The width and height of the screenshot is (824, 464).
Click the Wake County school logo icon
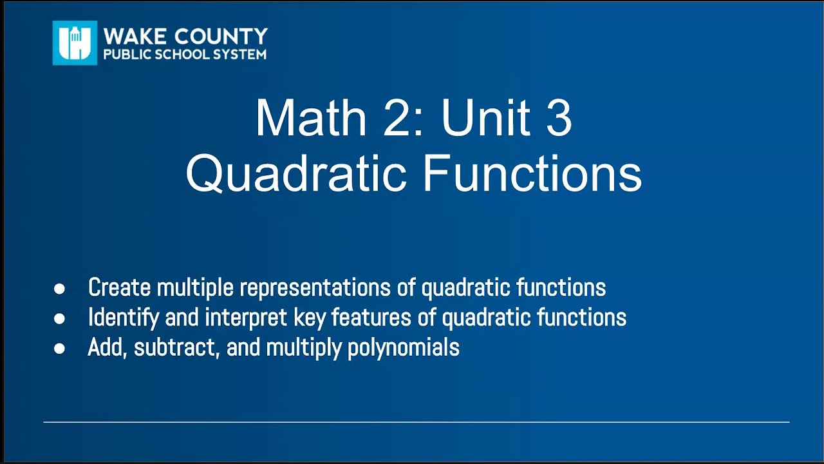point(75,43)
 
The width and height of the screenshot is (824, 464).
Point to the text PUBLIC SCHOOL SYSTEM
point(185,55)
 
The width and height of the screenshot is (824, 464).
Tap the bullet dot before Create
point(59,289)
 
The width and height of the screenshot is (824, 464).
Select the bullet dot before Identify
point(59,318)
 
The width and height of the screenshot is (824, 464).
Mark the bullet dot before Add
point(59,349)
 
